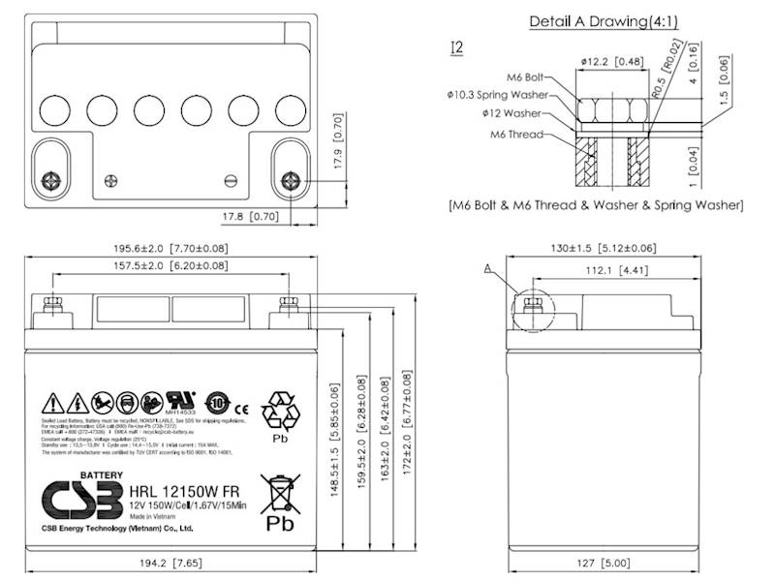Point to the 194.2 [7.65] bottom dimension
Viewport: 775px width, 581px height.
(172, 561)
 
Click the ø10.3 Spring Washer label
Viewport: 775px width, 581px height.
(498, 95)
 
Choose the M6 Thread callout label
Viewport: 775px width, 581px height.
(524, 134)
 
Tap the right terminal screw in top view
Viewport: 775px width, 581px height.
(289, 180)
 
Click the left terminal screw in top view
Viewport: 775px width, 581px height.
(53, 180)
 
